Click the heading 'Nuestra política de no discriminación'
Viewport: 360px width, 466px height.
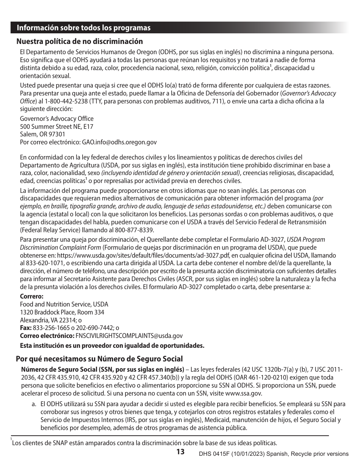coord(79,41)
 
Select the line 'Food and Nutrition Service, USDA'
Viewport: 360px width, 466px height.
coord(64,304)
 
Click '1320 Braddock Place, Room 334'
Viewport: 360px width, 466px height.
coord(62,312)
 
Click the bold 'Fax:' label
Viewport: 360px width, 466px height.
coord(26,328)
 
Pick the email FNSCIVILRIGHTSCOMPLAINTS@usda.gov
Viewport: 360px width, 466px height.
coord(129,336)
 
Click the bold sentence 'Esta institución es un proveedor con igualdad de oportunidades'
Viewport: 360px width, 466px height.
coord(112,346)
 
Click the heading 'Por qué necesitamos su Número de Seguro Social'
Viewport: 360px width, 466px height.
coord(99,359)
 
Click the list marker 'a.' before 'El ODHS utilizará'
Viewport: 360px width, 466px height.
coord(34,404)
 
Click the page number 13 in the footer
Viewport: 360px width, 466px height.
coord(180,452)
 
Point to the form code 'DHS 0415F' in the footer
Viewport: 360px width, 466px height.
coord(213,454)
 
